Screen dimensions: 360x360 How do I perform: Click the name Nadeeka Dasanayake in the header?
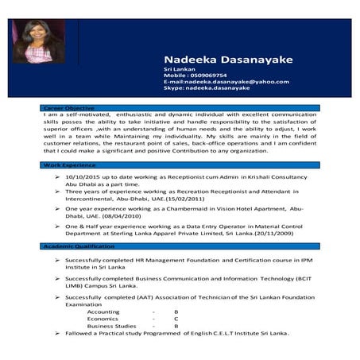pyautogui.click(x=217, y=60)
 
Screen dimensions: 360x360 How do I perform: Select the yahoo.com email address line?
pyautogui.click(x=226, y=82)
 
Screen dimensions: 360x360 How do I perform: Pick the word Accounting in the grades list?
pyautogui.click(x=104, y=312)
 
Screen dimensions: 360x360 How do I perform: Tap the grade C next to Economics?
pyautogui.click(x=176, y=319)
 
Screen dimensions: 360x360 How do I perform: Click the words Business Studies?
pyautogui.click(x=111, y=326)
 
